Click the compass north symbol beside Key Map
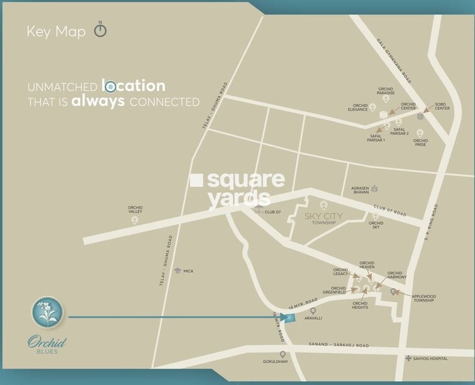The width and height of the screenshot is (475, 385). (100, 31)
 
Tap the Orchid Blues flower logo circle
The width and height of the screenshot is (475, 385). (47, 312)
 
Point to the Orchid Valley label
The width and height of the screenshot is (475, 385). (135, 210)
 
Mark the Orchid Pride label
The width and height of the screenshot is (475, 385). (420, 143)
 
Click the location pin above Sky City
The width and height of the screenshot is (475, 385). (324, 205)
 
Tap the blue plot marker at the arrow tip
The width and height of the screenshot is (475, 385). (288, 317)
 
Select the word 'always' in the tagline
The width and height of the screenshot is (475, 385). (98, 101)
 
